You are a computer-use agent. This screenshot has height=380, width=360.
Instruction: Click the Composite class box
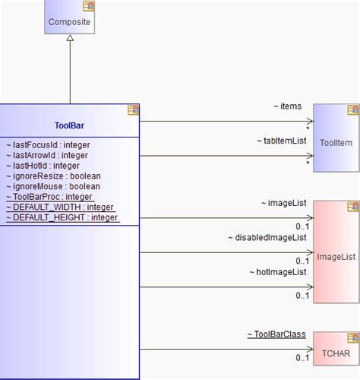70,22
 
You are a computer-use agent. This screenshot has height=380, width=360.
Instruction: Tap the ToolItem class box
334,141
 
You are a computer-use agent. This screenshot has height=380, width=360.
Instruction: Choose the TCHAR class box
336,354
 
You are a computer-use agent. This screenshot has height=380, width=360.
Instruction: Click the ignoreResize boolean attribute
51,176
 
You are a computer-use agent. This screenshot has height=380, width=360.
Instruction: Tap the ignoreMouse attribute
50,186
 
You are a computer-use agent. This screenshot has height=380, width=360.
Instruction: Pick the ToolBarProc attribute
49,197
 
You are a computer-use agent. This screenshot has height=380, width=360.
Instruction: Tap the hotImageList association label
277,272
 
